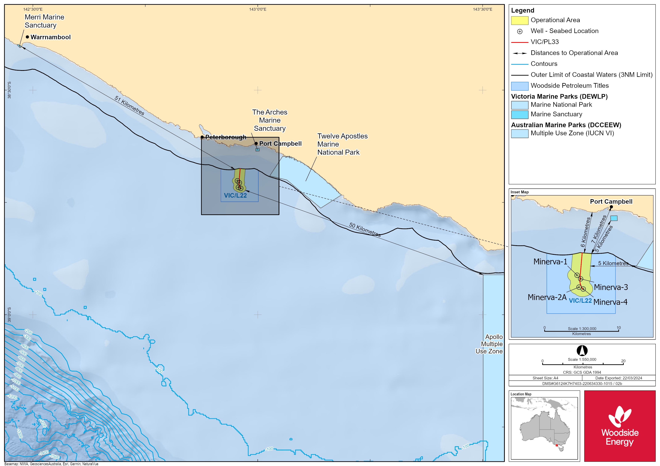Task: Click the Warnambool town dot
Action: click(27, 37)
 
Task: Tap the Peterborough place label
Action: click(226, 137)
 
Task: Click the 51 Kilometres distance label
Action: click(129, 106)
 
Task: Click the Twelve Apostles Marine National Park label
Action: click(342, 144)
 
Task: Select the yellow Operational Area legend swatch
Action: click(519, 20)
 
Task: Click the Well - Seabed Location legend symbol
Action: click(520, 31)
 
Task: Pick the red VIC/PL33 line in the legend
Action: click(519, 42)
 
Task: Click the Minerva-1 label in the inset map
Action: click(550, 262)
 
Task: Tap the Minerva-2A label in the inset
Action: click(547, 297)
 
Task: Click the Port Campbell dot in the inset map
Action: click(611, 207)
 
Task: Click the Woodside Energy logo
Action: click(620, 426)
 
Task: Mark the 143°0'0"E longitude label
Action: click(258, 9)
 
